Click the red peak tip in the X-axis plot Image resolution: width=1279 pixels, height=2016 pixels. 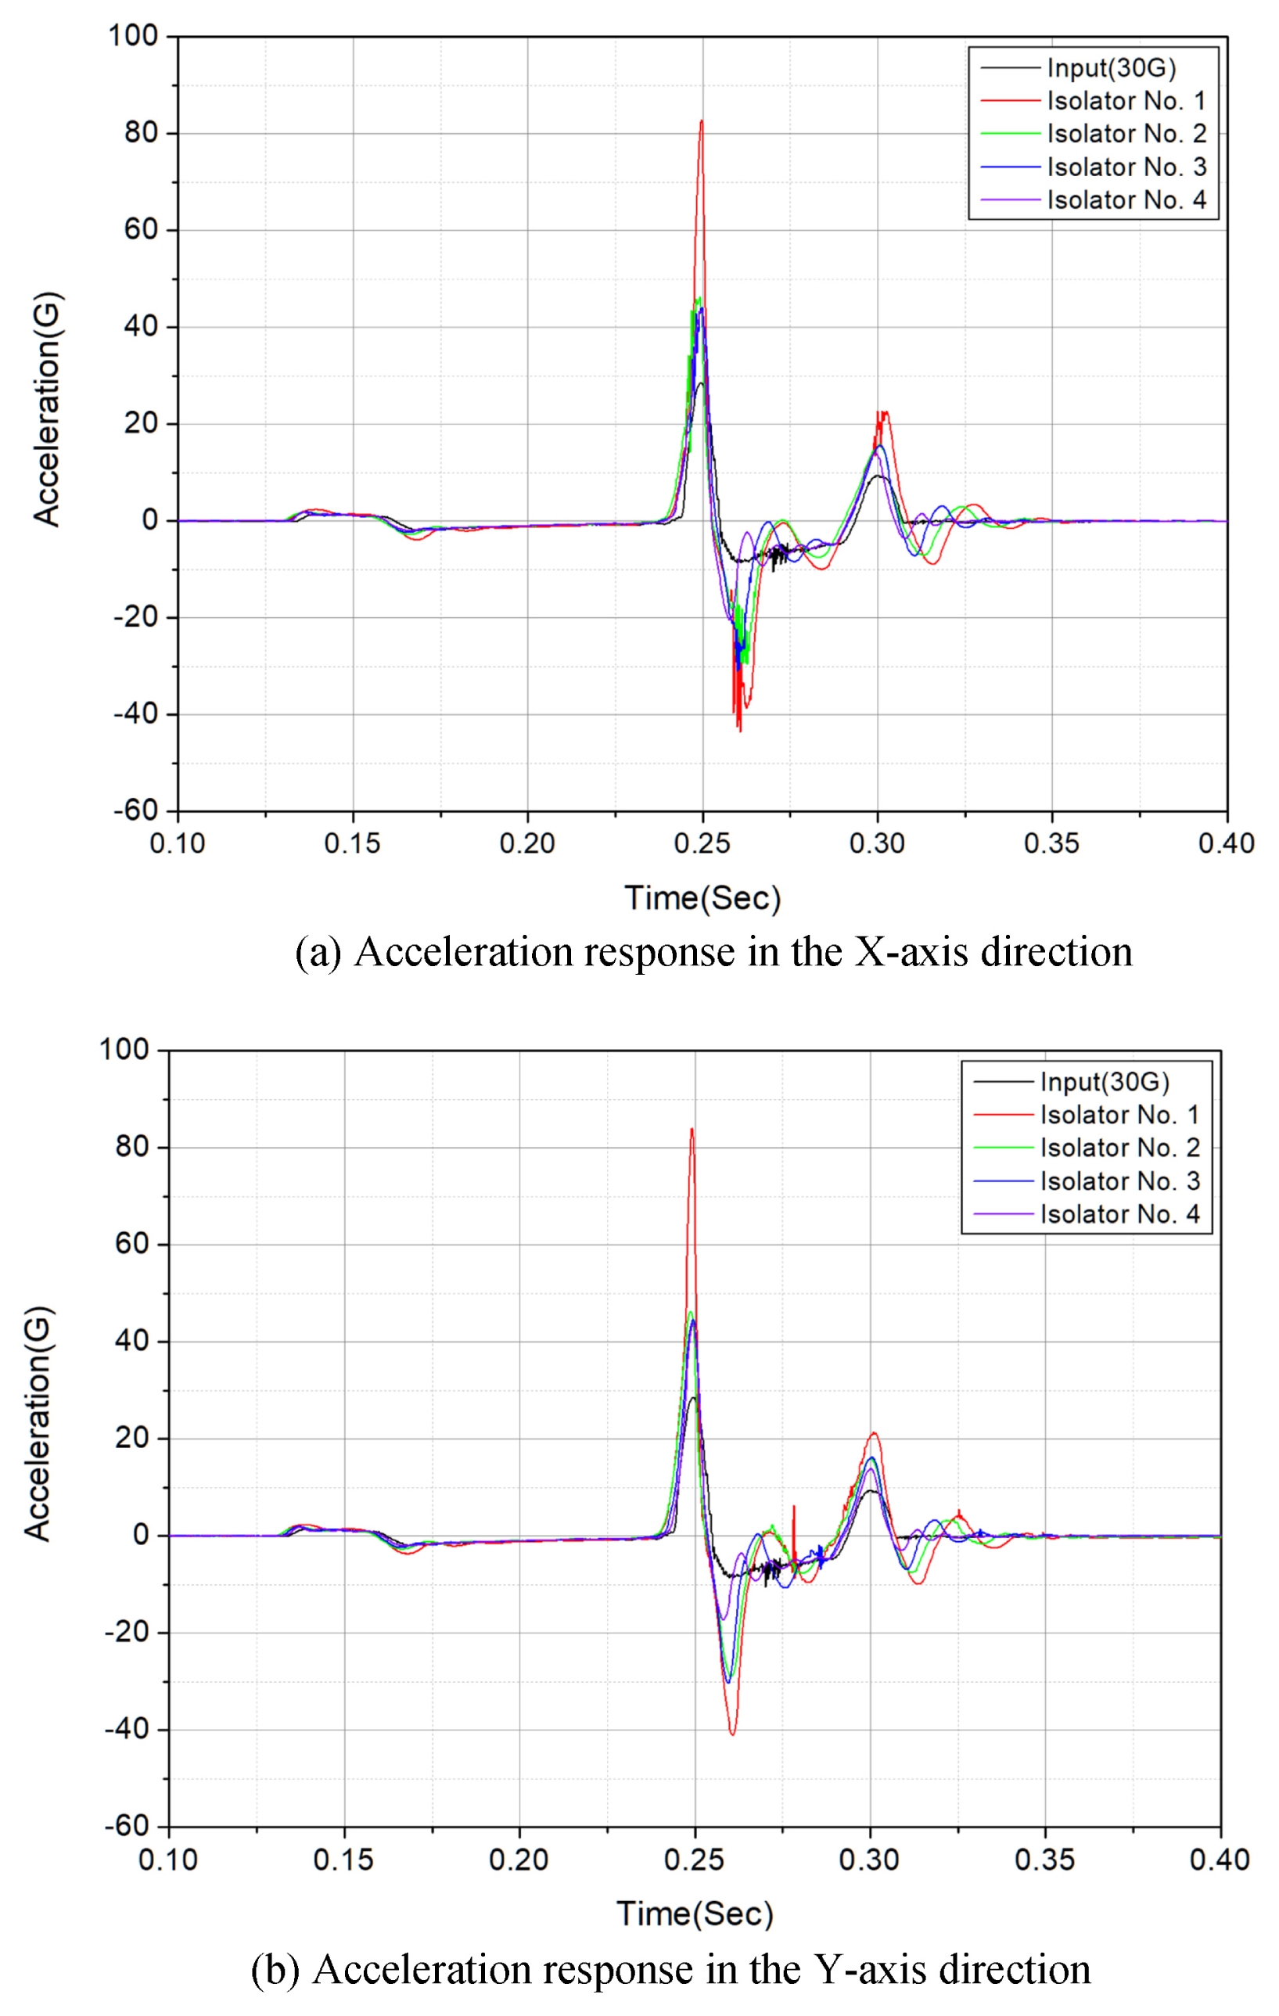point(702,121)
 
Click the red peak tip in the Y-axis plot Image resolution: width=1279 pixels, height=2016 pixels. point(692,1130)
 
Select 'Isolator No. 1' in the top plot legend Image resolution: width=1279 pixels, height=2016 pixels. point(1126,101)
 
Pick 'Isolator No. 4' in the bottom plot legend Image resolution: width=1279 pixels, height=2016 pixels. point(1119,1214)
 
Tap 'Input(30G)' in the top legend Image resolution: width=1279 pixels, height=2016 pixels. point(1111,68)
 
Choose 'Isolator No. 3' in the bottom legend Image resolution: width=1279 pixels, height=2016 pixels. point(1119,1181)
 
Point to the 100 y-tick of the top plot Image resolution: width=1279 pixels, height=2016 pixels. point(133,36)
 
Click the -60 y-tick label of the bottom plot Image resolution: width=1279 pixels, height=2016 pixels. point(127,1826)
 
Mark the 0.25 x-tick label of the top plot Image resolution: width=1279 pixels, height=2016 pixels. point(702,843)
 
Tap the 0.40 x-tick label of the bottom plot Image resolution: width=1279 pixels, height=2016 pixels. point(1220,1860)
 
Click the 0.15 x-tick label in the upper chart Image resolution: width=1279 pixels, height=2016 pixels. point(352,843)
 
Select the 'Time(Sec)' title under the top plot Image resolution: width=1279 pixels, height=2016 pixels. point(702,898)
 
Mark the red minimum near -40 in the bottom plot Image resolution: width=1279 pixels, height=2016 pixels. point(732,1734)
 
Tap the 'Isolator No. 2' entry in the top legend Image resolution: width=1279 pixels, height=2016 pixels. point(1126,134)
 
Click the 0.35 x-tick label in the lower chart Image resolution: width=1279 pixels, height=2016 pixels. point(1044,1860)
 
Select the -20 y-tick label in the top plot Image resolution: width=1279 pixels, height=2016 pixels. point(136,617)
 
